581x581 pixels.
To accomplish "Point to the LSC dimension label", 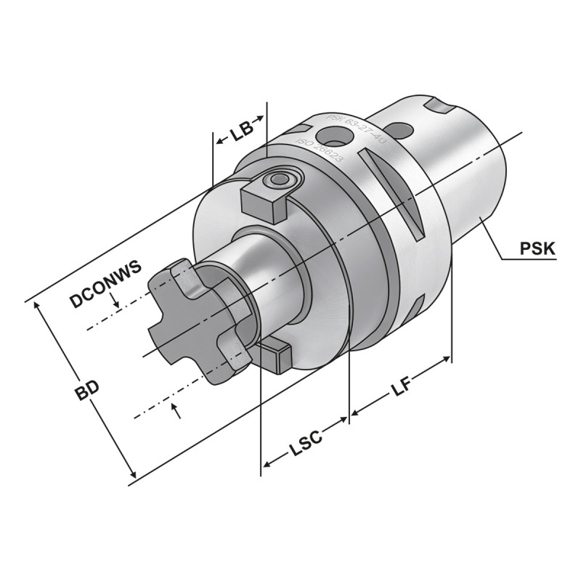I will [x=306, y=446].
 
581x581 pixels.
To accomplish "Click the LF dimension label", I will [x=402, y=387].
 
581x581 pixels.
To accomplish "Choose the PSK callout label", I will [x=537, y=250].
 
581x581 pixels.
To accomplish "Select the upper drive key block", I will [x=263, y=199].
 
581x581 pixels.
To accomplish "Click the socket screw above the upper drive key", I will [x=280, y=179].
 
